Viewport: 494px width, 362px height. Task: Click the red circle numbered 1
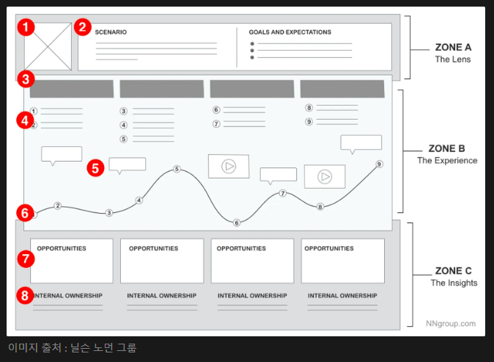[x=26, y=28]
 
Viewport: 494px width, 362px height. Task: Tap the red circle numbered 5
[x=95, y=167]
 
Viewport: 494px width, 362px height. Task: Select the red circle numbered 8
[x=25, y=296]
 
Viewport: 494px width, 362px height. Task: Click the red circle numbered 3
[x=25, y=79]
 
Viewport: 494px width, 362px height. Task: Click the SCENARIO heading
[x=111, y=32]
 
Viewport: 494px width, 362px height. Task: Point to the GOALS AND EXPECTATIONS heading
[x=290, y=32]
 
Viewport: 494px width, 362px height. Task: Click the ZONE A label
[x=453, y=48]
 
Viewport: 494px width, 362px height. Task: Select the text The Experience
[x=447, y=161]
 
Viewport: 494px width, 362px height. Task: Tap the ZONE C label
[x=453, y=271]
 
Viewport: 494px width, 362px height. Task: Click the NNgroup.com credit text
[x=451, y=323]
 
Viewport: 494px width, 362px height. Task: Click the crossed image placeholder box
[x=48, y=46]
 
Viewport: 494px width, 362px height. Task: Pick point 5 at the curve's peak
[x=177, y=169]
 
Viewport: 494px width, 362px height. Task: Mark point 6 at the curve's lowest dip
[x=236, y=222]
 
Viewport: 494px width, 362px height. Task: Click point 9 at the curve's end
[x=379, y=164]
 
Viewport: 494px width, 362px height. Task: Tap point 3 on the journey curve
[x=109, y=213]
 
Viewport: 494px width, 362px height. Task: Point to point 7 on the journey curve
[x=282, y=193]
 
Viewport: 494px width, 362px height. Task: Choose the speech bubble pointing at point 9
[x=361, y=143]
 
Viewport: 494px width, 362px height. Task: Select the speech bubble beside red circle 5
[x=127, y=164]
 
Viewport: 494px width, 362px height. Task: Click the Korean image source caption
[x=72, y=348]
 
